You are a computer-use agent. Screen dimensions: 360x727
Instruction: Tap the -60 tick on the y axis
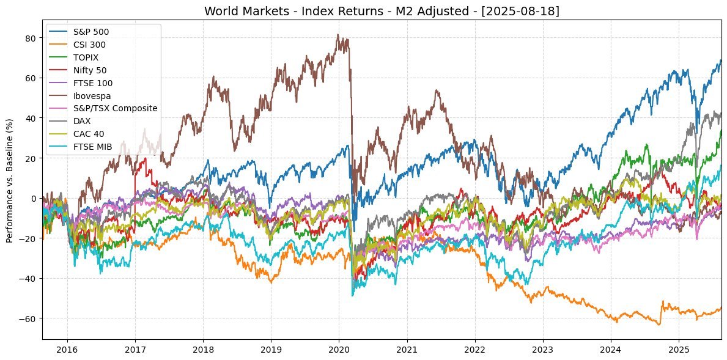tap(29, 318)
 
